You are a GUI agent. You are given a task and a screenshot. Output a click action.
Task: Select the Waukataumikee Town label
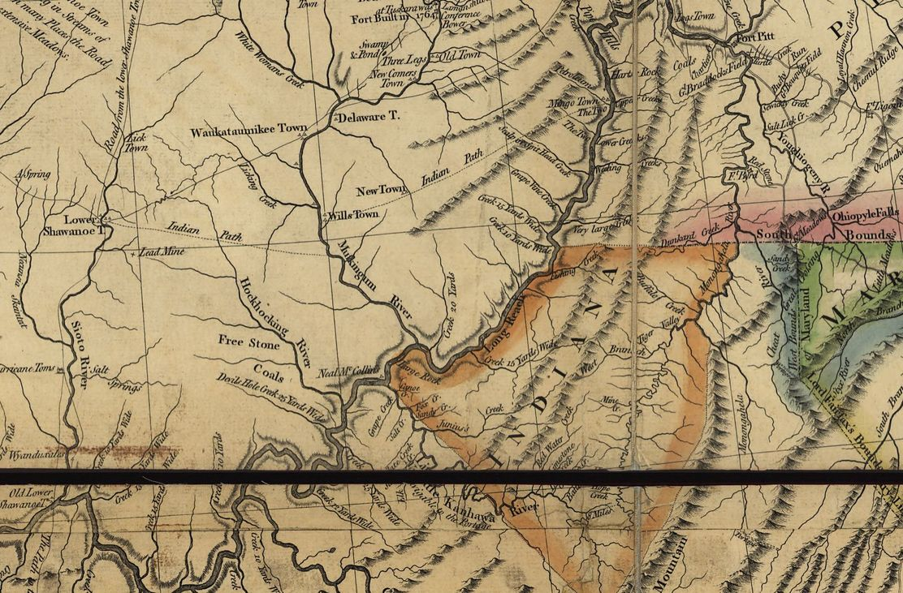pos(248,130)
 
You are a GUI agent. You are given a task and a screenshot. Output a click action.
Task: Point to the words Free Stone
pos(248,343)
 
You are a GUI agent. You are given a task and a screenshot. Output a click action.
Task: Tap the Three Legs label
pos(404,60)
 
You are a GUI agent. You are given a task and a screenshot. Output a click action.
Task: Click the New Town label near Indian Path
pos(382,191)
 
